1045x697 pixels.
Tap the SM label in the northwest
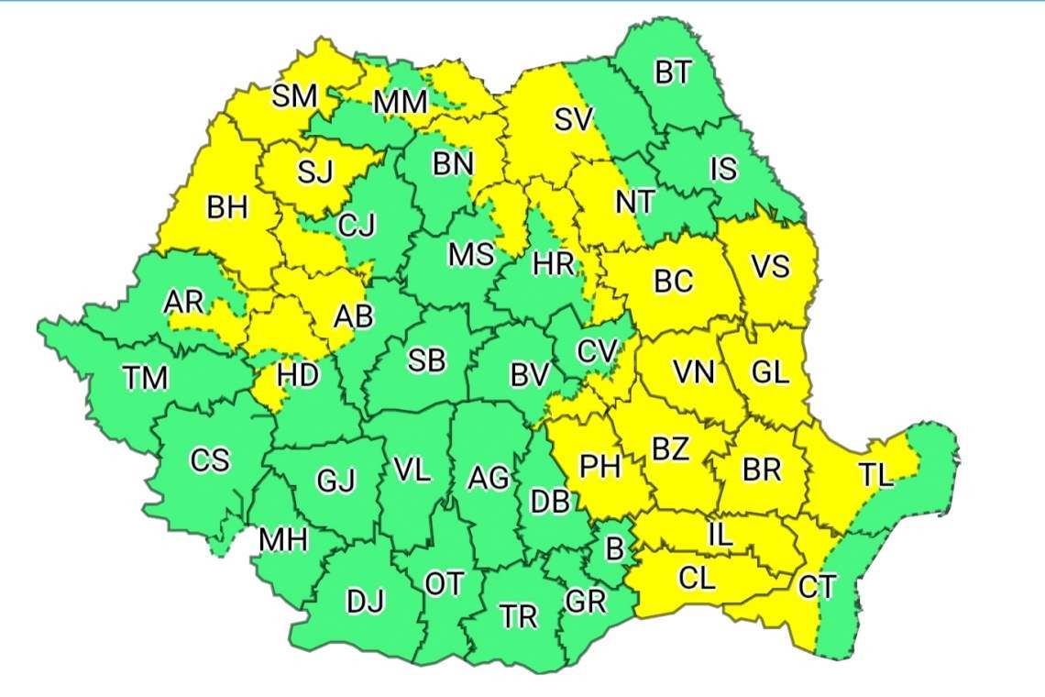(295, 95)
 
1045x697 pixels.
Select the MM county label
(400, 101)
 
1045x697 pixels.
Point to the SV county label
(575, 119)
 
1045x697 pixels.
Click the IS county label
(723, 170)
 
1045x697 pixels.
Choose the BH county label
(227, 208)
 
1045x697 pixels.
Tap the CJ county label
(357, 225)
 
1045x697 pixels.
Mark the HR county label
(554, 265)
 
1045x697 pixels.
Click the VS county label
(770, 267)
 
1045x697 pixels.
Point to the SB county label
(426, 361)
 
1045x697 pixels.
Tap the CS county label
(209, 460)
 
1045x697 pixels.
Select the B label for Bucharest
(614, 549)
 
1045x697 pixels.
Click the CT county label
(816, 586)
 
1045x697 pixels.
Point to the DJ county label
(366, 602)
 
